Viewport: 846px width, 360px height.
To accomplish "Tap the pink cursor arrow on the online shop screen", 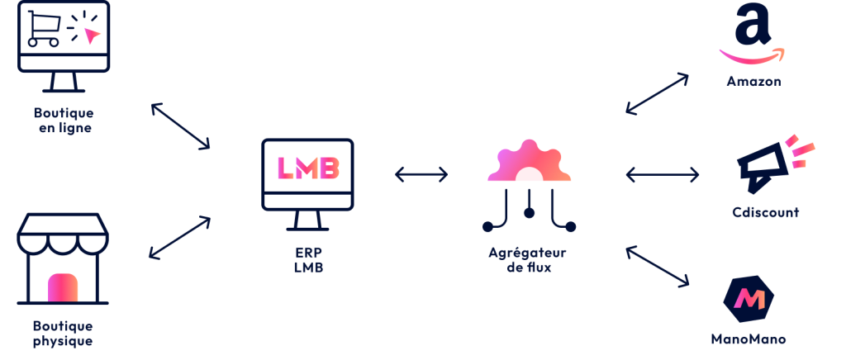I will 90,36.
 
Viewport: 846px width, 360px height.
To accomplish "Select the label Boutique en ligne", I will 64,121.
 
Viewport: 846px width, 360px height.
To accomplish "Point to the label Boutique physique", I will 63,334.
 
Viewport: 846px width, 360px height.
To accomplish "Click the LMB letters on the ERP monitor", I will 307,168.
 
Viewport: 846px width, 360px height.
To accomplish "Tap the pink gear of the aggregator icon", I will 529,163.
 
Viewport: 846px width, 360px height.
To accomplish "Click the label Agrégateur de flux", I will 528,258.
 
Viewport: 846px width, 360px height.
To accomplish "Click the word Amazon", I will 753,82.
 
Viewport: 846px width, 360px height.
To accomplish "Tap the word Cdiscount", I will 766,213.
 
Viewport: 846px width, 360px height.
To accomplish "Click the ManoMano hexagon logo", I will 749,299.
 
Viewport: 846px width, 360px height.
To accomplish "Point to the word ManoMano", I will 749,339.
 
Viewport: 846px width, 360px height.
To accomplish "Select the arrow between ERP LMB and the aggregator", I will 421,174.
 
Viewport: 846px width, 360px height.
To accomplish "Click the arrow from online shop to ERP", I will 180,126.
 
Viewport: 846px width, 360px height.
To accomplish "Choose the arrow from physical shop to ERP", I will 179,239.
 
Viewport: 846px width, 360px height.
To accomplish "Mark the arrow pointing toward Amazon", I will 657,92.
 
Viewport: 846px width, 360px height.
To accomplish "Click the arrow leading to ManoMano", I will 658,266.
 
